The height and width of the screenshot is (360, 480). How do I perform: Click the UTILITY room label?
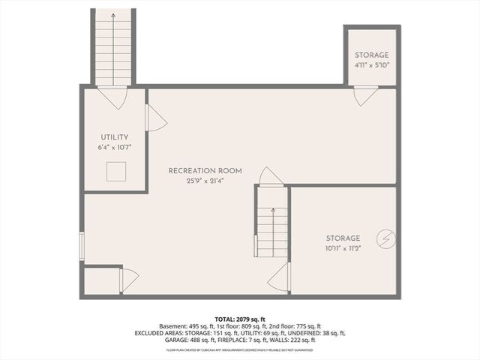click(115, 137)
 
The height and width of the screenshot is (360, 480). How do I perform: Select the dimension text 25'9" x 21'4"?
click(205, 181)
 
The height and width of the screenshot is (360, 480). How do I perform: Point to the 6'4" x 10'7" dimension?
click(115, 148)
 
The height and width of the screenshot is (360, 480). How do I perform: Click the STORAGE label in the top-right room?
click(372, 55)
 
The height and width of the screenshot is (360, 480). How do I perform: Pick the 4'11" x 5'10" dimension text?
click(372, 66)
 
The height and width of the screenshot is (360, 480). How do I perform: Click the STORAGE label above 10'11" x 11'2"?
click(343, 238)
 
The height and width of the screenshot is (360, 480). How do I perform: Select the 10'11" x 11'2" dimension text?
click(343, 249)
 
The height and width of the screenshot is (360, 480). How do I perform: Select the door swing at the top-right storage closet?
click(365, 95)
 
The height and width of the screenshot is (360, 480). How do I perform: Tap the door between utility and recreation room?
click(154, 118)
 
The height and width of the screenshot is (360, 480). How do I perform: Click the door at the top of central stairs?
click(271, 177)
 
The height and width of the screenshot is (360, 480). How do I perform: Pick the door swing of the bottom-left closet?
click(129, 280)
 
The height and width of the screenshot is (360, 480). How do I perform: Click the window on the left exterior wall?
click(82, 245)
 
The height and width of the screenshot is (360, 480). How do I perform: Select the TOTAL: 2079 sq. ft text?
click(240, 319)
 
